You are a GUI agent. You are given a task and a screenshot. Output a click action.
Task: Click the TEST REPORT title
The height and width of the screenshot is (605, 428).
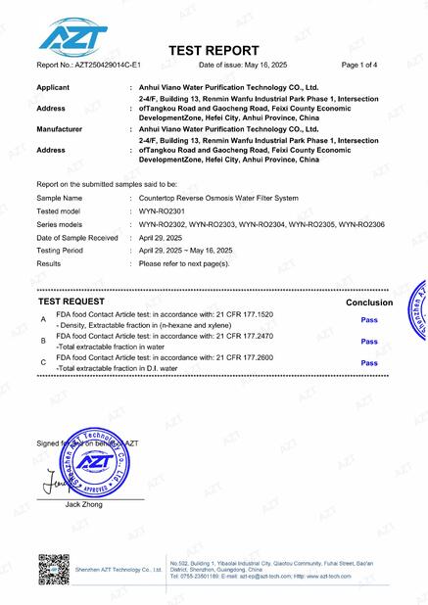point(214,50)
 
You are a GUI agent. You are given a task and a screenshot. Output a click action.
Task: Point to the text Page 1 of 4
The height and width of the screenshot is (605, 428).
point(365,65)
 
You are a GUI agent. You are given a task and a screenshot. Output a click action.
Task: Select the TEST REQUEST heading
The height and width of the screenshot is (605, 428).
point(77,303)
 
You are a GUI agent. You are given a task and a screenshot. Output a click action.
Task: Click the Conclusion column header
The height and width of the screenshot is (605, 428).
point(369,303)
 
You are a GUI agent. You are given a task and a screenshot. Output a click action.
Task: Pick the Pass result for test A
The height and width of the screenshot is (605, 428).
point(369,320)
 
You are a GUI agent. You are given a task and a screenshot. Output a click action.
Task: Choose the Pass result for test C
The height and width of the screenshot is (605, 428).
point(369,363)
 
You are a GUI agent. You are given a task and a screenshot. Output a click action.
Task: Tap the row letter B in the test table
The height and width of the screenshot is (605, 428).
point(42,342)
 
